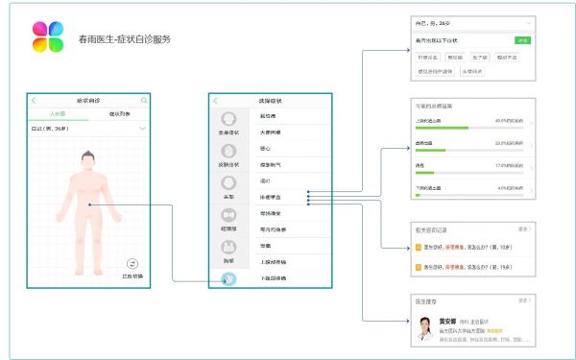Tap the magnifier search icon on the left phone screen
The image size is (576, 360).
[145, 100]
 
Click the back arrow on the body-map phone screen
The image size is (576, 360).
[34, 100]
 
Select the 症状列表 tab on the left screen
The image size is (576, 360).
[118, 113]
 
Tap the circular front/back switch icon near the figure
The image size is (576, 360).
[132, 263]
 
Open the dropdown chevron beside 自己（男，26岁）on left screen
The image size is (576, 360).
[143, 128]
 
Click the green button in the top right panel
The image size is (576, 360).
[522, 40]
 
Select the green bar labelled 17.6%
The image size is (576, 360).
[423, 173]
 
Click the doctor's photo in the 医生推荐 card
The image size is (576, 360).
[423, 330]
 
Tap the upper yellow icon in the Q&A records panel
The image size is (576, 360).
[418, 245]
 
